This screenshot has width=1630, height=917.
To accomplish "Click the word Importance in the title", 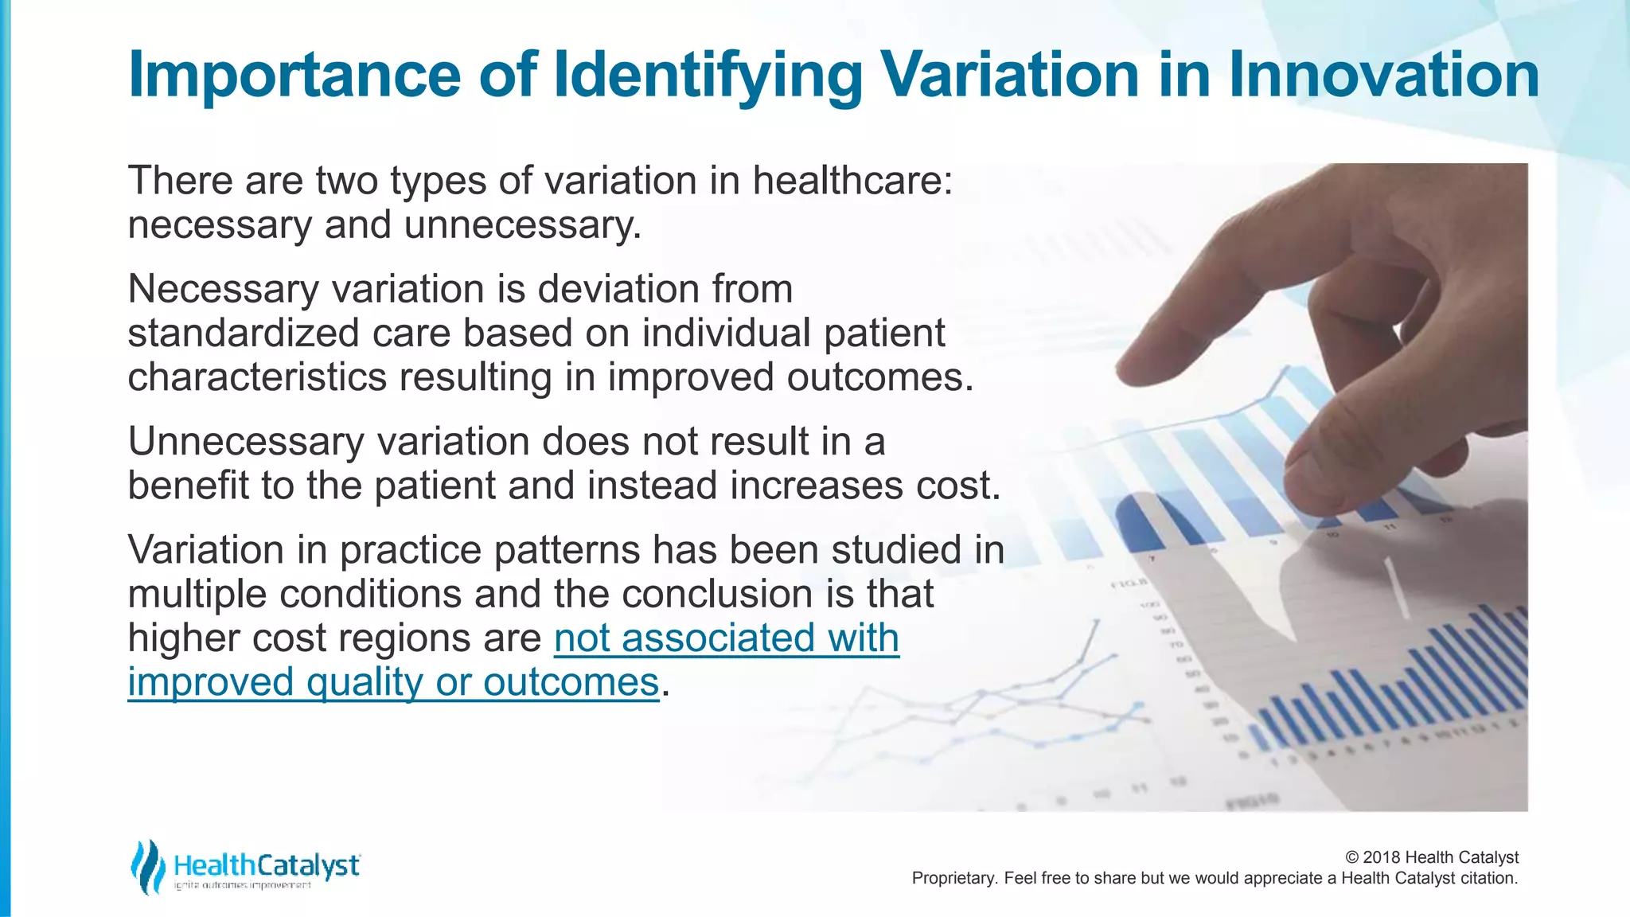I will tap(294, 76).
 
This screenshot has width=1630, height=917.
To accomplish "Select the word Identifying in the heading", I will tap(708, 76).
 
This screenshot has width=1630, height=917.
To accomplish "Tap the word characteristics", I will tap(256, 377).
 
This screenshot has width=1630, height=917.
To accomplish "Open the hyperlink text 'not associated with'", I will tap(726, 638).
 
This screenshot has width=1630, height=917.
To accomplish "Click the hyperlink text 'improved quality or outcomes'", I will tap(393, 682).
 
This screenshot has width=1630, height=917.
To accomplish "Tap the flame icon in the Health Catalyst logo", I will tap(147, 867).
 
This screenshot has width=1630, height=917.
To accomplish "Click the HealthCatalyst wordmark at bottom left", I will tap(266, 864).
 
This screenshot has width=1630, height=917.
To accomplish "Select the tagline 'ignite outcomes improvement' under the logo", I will tap(242, 886).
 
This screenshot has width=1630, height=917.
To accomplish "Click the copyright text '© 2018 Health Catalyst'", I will tap(1431, 857).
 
